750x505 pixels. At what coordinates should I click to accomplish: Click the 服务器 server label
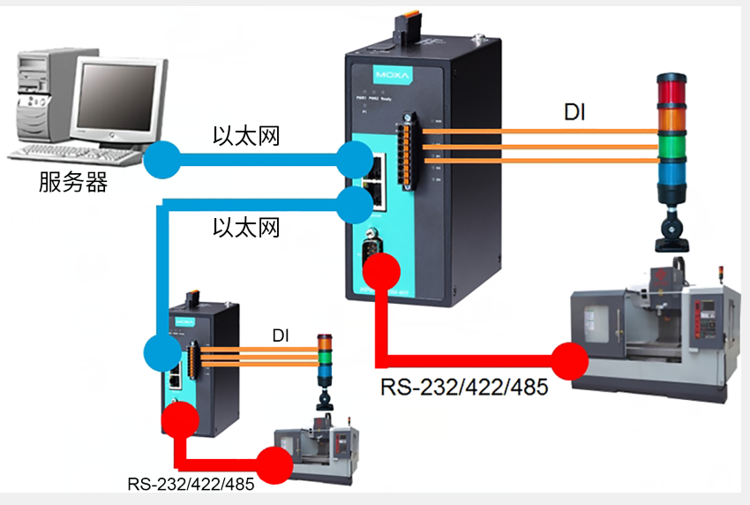(x=73, y=183)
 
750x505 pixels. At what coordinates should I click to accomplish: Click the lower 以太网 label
(x=246, y=228)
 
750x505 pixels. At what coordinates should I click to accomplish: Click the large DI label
(x=575, y=113)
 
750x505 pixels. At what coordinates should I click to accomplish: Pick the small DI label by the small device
(x=281, y=335)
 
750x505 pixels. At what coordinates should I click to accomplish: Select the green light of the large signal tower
(x=671, y=147)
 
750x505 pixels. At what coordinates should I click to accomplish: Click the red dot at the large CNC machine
(x=570, y=359)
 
